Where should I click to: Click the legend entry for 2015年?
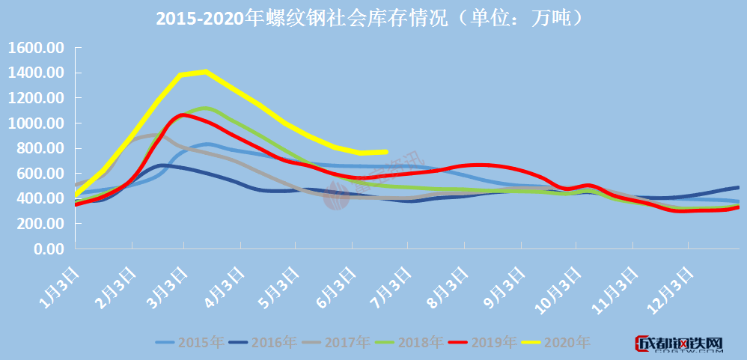pyautogui.click(x=190, y=342)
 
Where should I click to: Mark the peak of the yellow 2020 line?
pyautogui.click(x=204, y=72)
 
